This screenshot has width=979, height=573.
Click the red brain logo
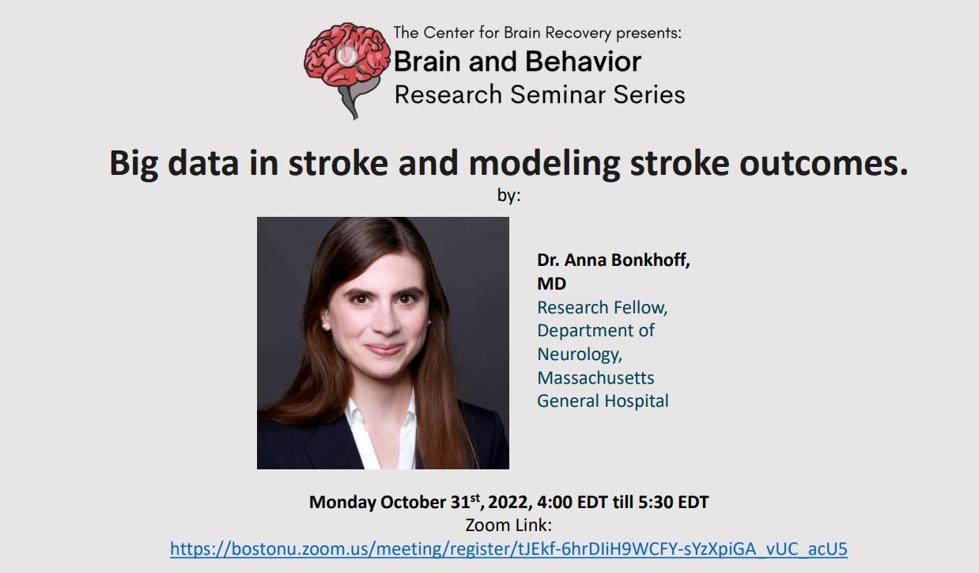click(x=347, y=70)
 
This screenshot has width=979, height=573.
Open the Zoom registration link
click(x=508, y=549)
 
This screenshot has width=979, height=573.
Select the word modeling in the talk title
click(x=544, y=164)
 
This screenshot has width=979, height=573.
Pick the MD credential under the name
click(x=551, y=283)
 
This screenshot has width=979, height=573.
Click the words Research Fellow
click(x=603, y=308)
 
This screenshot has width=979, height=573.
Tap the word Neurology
click(x=580, y=355)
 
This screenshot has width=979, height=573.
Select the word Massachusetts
click(x=595, y=378)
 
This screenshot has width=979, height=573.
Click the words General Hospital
click(x=603, y=400)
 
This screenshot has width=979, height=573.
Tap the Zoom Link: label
click(x=508, y=525)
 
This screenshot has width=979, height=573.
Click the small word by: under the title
click(x=508, y=195)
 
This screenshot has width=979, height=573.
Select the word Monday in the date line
click(x=342, y=502)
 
